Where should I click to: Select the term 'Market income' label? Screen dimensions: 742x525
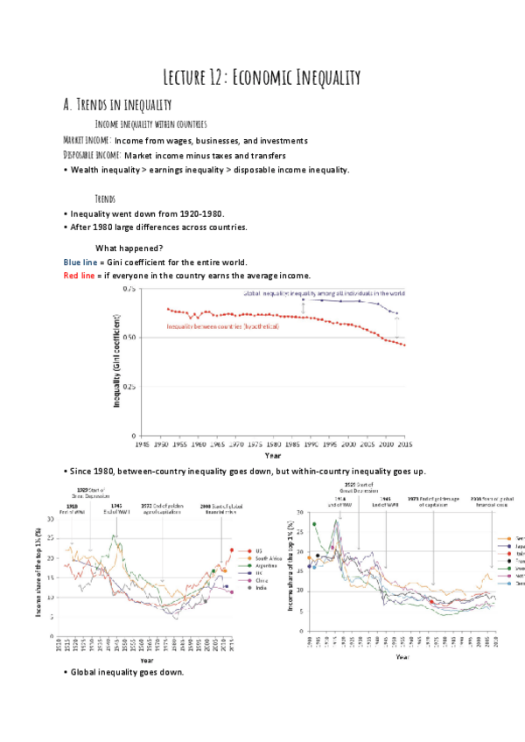point(87,140)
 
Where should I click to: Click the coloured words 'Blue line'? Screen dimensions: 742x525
point(81,262)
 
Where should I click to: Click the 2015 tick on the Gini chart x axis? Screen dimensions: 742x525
point(405,444)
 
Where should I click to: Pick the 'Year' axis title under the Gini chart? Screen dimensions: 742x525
point(273,455)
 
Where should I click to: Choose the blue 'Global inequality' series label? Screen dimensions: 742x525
point(323,293)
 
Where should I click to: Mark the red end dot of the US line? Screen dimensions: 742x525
point(232,549)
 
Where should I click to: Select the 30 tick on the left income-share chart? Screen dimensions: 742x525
point(50,519)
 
